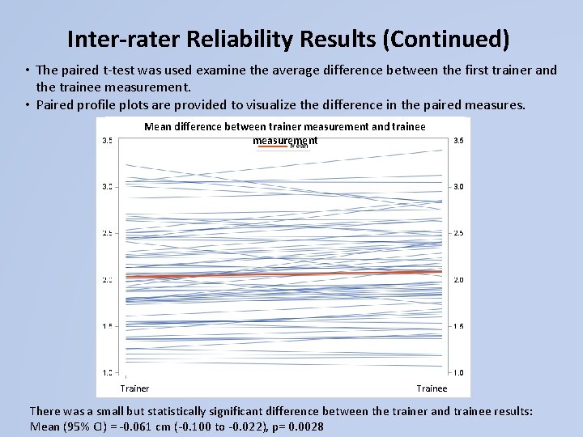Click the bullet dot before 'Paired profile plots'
point(28,104)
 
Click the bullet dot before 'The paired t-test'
point(28,70)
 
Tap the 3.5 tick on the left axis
point(107,140)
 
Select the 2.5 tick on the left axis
point(107,233)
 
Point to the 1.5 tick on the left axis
point(107,326)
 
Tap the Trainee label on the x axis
point(432,388)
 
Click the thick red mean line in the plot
point(283,274)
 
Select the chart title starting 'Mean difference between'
point(284,127)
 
